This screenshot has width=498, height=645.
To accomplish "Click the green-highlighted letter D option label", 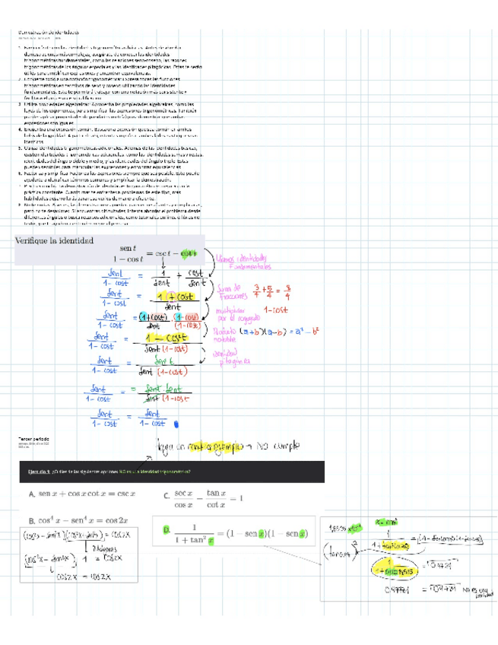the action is click(165, 529).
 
